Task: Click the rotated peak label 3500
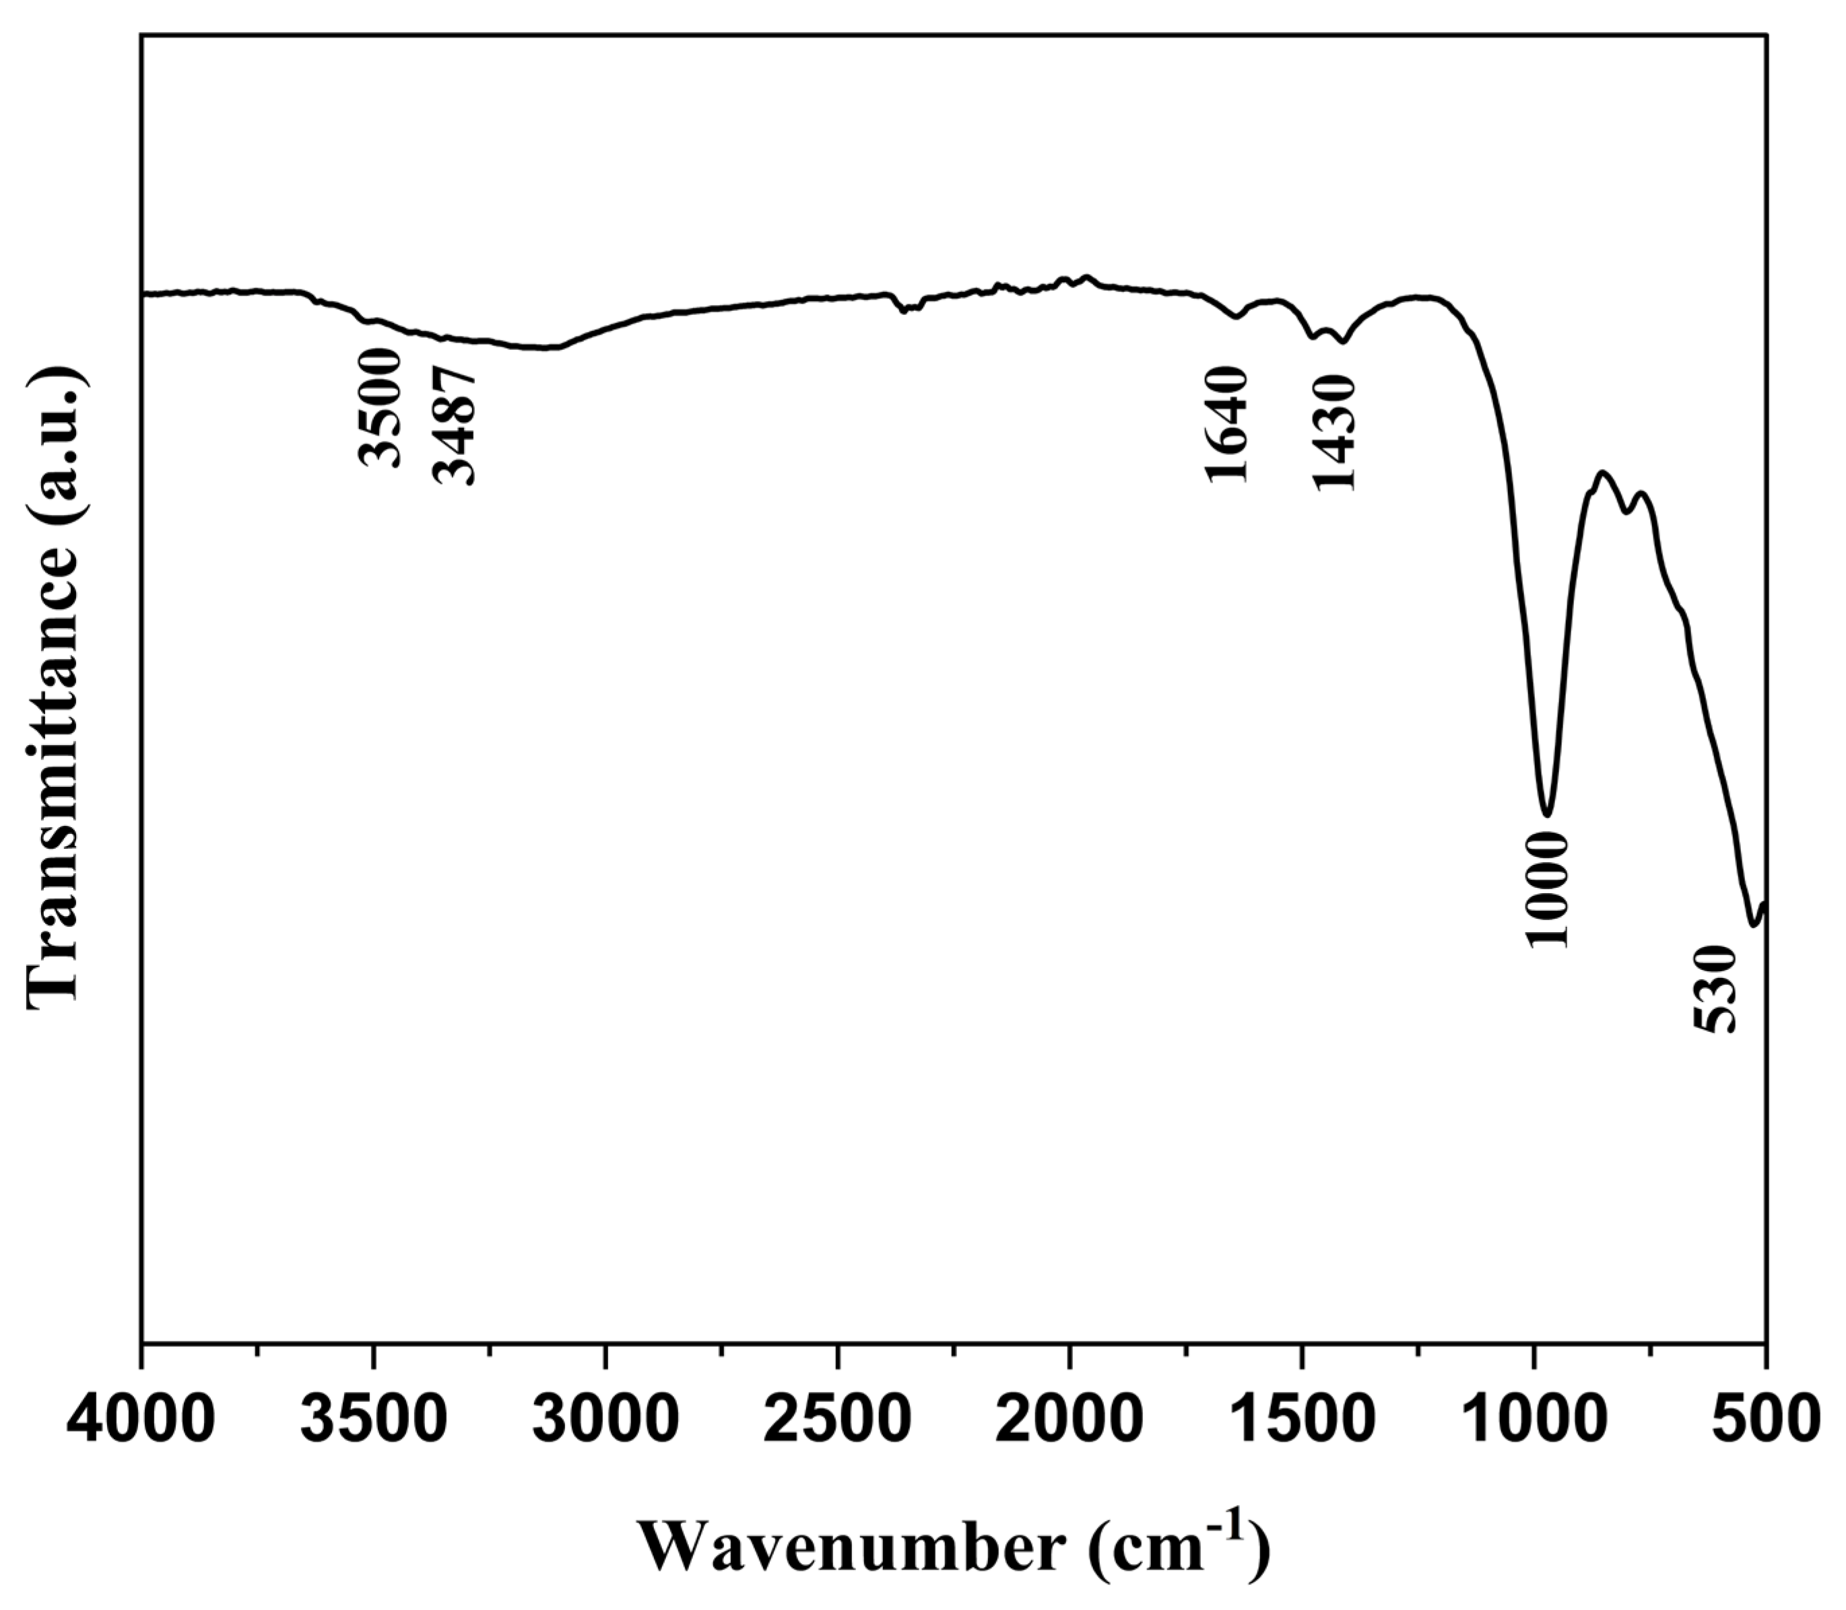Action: click(379, 407)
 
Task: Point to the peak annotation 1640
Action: click(1226, 424)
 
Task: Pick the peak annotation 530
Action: click(1712, 988)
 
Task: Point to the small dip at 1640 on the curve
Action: click(1237, 316)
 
